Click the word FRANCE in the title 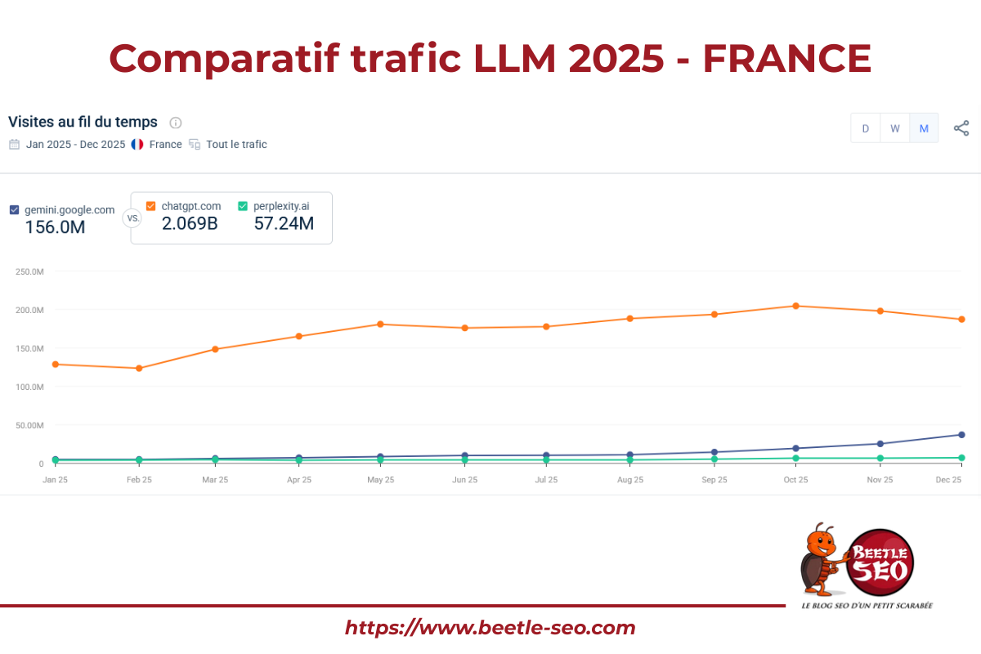(786, 58)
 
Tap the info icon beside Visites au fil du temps (175, 123)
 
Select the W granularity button (895, 128)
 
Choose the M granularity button (924, 128)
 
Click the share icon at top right (961, 128)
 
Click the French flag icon (137, 145)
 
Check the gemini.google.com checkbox (14, 209)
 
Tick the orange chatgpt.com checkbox (150, 206)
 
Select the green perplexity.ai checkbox (243, 206)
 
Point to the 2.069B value (189, 223)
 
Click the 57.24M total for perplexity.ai (284, 223)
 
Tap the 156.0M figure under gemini (55, 227)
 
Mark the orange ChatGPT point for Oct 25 (796, 306)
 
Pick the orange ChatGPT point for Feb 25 (139, 368)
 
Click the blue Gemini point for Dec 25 (961, 434)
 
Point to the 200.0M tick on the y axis (30, 310)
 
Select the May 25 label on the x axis (380, 480)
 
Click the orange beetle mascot (821, 560)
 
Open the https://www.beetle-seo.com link (490, 628)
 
